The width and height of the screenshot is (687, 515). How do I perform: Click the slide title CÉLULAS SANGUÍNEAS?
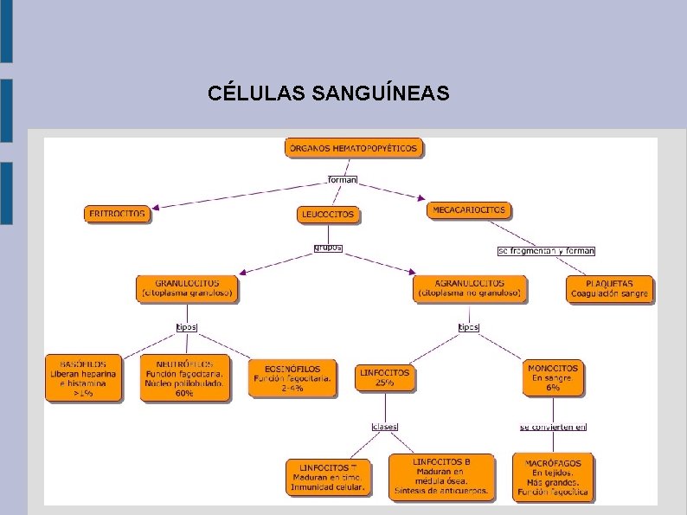point(329,93)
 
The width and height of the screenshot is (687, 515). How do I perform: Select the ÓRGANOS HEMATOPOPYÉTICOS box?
point(352,148)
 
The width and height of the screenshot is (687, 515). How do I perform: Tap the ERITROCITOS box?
point(118,213)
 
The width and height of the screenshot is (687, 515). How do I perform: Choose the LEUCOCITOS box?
point(328,214)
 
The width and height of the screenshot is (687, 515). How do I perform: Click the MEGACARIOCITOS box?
point(469,209)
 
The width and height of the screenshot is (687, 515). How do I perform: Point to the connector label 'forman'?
point(343,180)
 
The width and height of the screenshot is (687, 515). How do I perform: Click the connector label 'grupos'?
point(328,248)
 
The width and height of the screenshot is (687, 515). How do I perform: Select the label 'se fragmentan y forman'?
point(546,251)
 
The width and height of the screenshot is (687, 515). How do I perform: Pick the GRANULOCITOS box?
point(187,288)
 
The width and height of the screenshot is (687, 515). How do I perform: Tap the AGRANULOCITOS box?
point(470,288)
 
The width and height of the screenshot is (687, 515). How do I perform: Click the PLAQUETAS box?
point(609,288)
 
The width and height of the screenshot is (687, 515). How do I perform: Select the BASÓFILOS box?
point(83,378)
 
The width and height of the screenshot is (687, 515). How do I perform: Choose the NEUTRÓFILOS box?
point(185,378)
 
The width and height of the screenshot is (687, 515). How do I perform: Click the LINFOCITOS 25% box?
point(384,377)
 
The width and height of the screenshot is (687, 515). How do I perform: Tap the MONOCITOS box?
point(553,377)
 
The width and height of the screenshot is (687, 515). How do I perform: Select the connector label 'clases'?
point(384,426)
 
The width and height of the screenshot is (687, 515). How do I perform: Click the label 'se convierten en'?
point(553,426)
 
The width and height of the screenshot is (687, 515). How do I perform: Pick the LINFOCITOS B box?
point(441,476)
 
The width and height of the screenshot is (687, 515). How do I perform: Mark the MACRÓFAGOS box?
point(553,477)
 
